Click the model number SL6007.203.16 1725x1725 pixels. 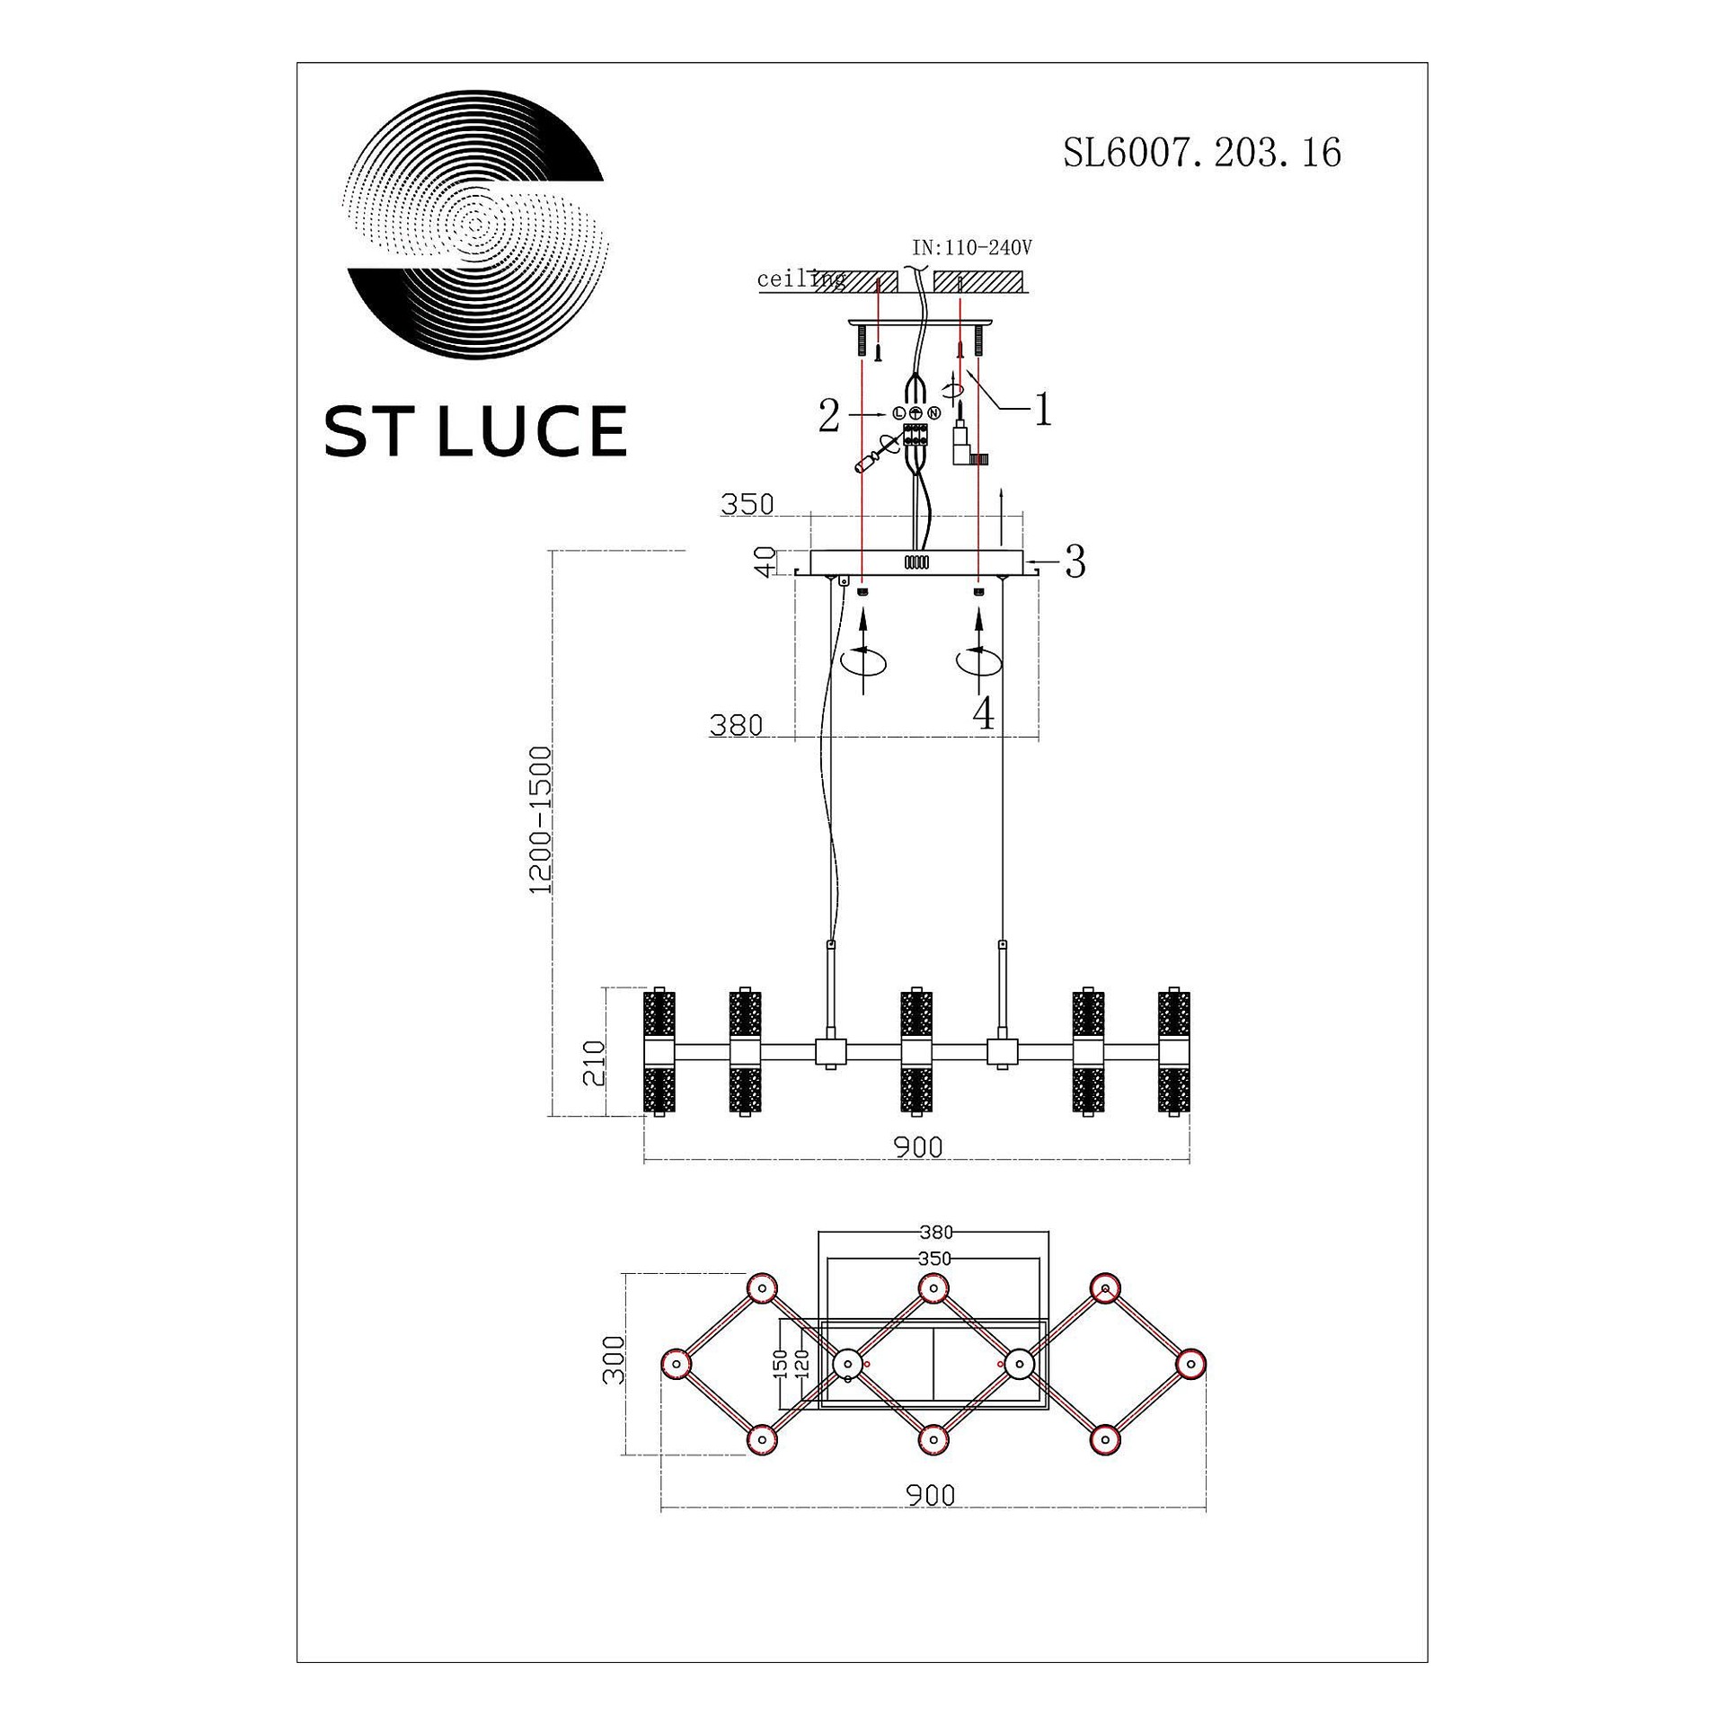1202,153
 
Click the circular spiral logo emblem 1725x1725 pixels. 476,226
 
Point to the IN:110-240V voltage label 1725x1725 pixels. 972,247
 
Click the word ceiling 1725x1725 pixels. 801,279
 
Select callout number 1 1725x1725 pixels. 1042,411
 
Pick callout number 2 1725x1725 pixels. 829,417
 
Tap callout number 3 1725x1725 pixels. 1075,562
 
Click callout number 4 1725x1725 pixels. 985,715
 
